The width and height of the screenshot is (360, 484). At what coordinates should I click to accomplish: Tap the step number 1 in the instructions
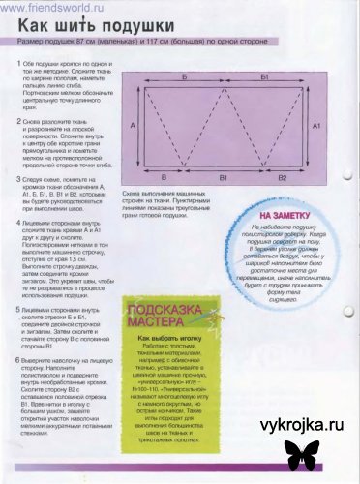18,64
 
